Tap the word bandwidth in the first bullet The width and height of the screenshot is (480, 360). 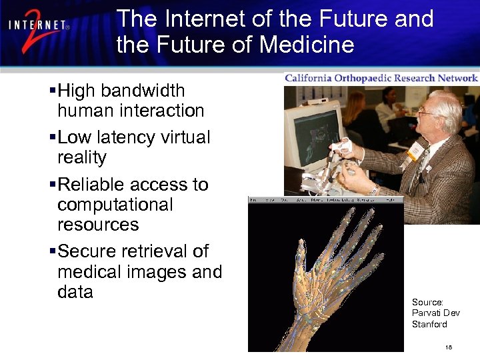(x=143, y=90)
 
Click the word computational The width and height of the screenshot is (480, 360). (x=115, y=204)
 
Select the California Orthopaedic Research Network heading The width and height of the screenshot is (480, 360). (x=381, y=78)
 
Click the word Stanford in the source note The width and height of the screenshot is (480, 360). (x=429, y=324)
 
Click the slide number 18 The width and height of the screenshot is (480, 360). (x=448, y=347)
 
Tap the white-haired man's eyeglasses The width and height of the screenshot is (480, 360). (x=427, y=112)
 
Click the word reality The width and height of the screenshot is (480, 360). (x=82, y=157)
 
